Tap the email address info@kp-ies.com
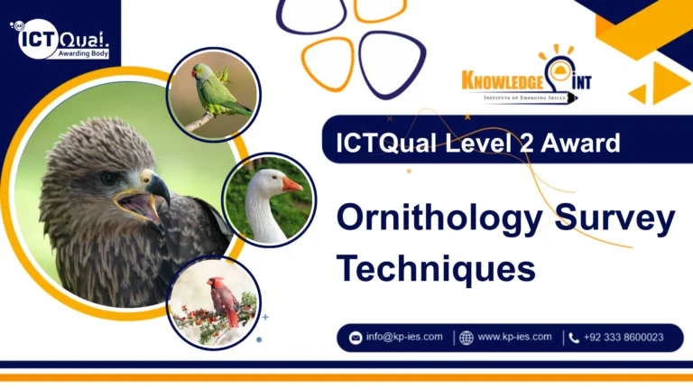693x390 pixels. (404, 338)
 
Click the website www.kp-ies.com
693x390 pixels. (514, 338)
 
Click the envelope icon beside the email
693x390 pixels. (356, 338)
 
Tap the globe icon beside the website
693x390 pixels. (467, 338)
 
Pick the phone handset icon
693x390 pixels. (574, 338)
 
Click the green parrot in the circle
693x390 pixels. (214, 91)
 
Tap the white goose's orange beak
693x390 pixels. (291, 183)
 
